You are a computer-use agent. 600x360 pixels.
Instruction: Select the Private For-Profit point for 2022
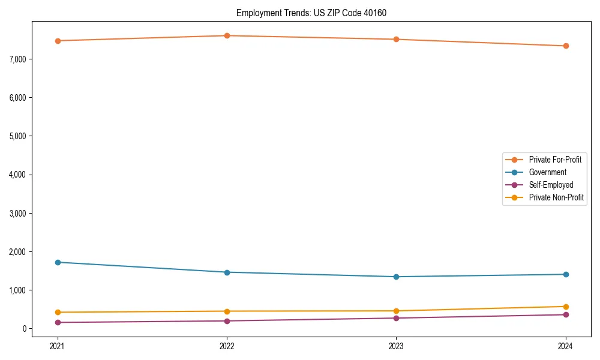pyautogui.click(x=227, y=35)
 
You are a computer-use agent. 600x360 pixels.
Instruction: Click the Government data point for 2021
pyautogui.click(x=58, y=262)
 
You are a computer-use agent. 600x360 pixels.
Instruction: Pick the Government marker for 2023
pyautogui.click(x=397, y=277)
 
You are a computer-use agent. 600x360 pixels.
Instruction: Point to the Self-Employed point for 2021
pyautogui.click(x=58, y=322)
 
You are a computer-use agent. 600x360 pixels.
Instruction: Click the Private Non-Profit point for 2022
pyautogui.click(x=227, y=311)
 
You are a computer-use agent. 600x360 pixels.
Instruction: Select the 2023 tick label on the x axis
pyautogui.click(x=397, y=346)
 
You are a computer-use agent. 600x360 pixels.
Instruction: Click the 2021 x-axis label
pyautogui.click(x=58, y=346)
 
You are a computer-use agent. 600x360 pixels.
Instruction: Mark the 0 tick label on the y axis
pyautogui.click(x=25, y=329)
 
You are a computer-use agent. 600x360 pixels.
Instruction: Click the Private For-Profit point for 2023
pyautogui.click(x=397, y=39)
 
